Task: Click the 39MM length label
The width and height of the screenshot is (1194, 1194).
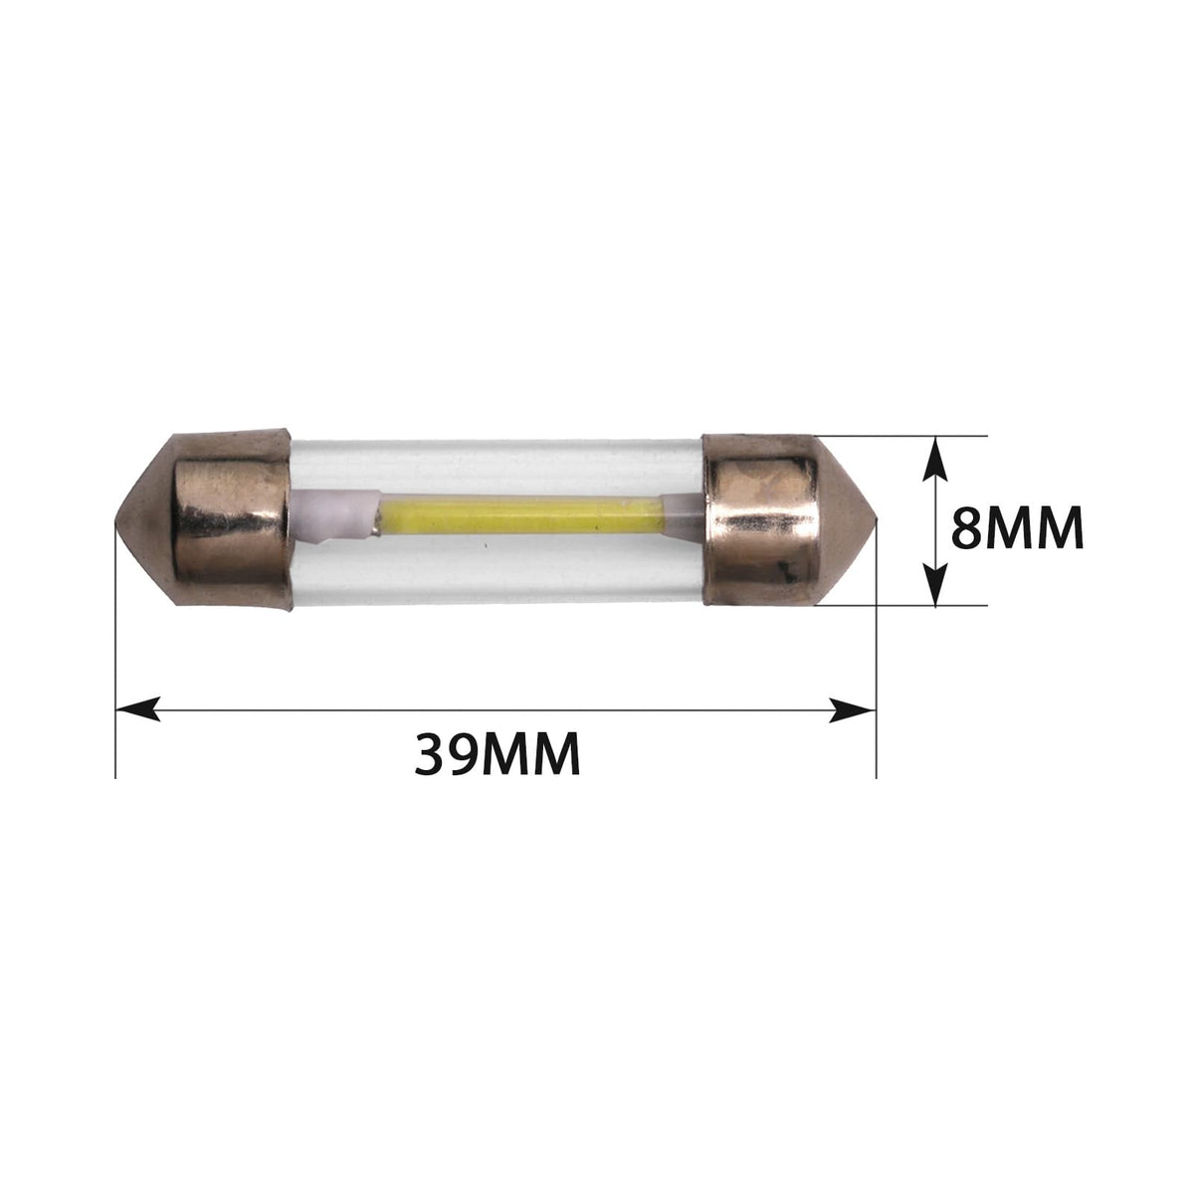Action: pos(497,753)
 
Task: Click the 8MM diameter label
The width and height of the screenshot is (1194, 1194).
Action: pos(1018,527)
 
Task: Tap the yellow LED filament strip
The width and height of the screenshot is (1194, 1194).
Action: pos(521,515)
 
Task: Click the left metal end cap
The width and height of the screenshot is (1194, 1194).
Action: pos(205,519)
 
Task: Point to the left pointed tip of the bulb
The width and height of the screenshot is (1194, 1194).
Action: pos(116,521)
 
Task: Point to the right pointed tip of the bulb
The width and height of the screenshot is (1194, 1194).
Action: pos(876,520)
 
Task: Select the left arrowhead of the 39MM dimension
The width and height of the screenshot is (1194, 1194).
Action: pos(137,709)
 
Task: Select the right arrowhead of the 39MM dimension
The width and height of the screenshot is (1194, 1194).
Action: pos(853,710)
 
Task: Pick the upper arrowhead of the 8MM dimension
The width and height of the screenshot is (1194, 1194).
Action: pos(935,459)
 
